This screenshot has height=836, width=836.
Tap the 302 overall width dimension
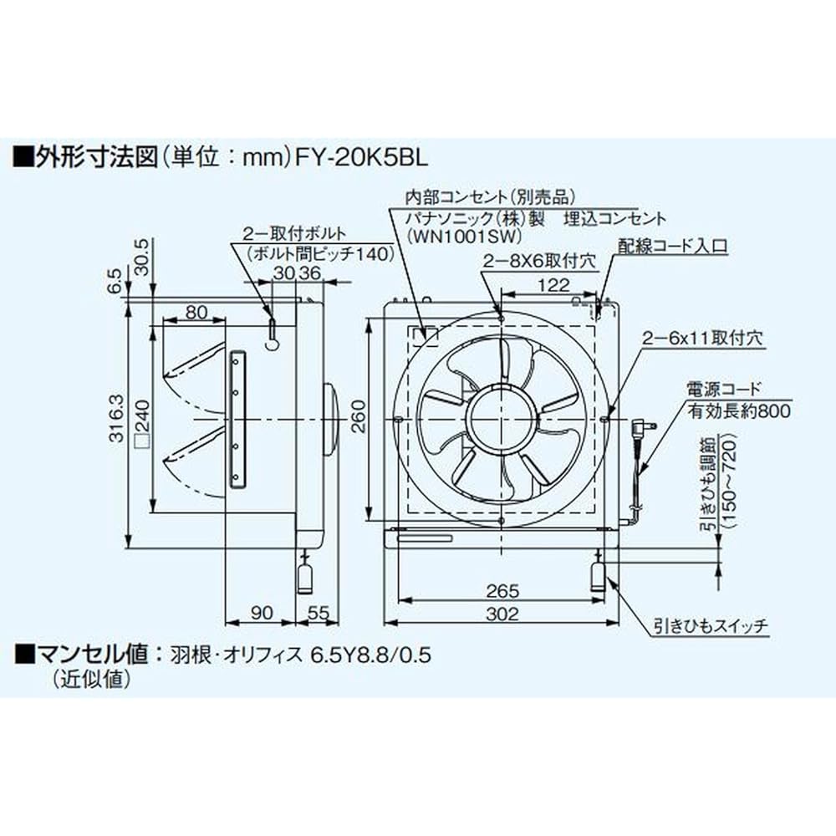point(501,614)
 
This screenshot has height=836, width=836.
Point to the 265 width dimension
point(501,590)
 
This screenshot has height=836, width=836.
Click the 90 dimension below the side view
point(260,613)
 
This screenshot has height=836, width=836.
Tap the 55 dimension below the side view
point(317,613)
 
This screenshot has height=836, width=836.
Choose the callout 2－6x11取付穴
point(703,339)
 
